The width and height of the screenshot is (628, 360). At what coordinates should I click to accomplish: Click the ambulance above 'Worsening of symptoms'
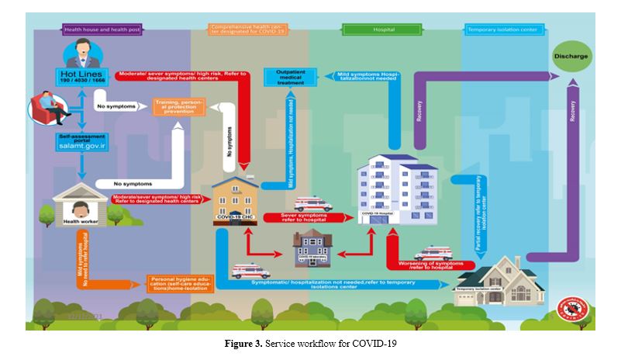(432, 253)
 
